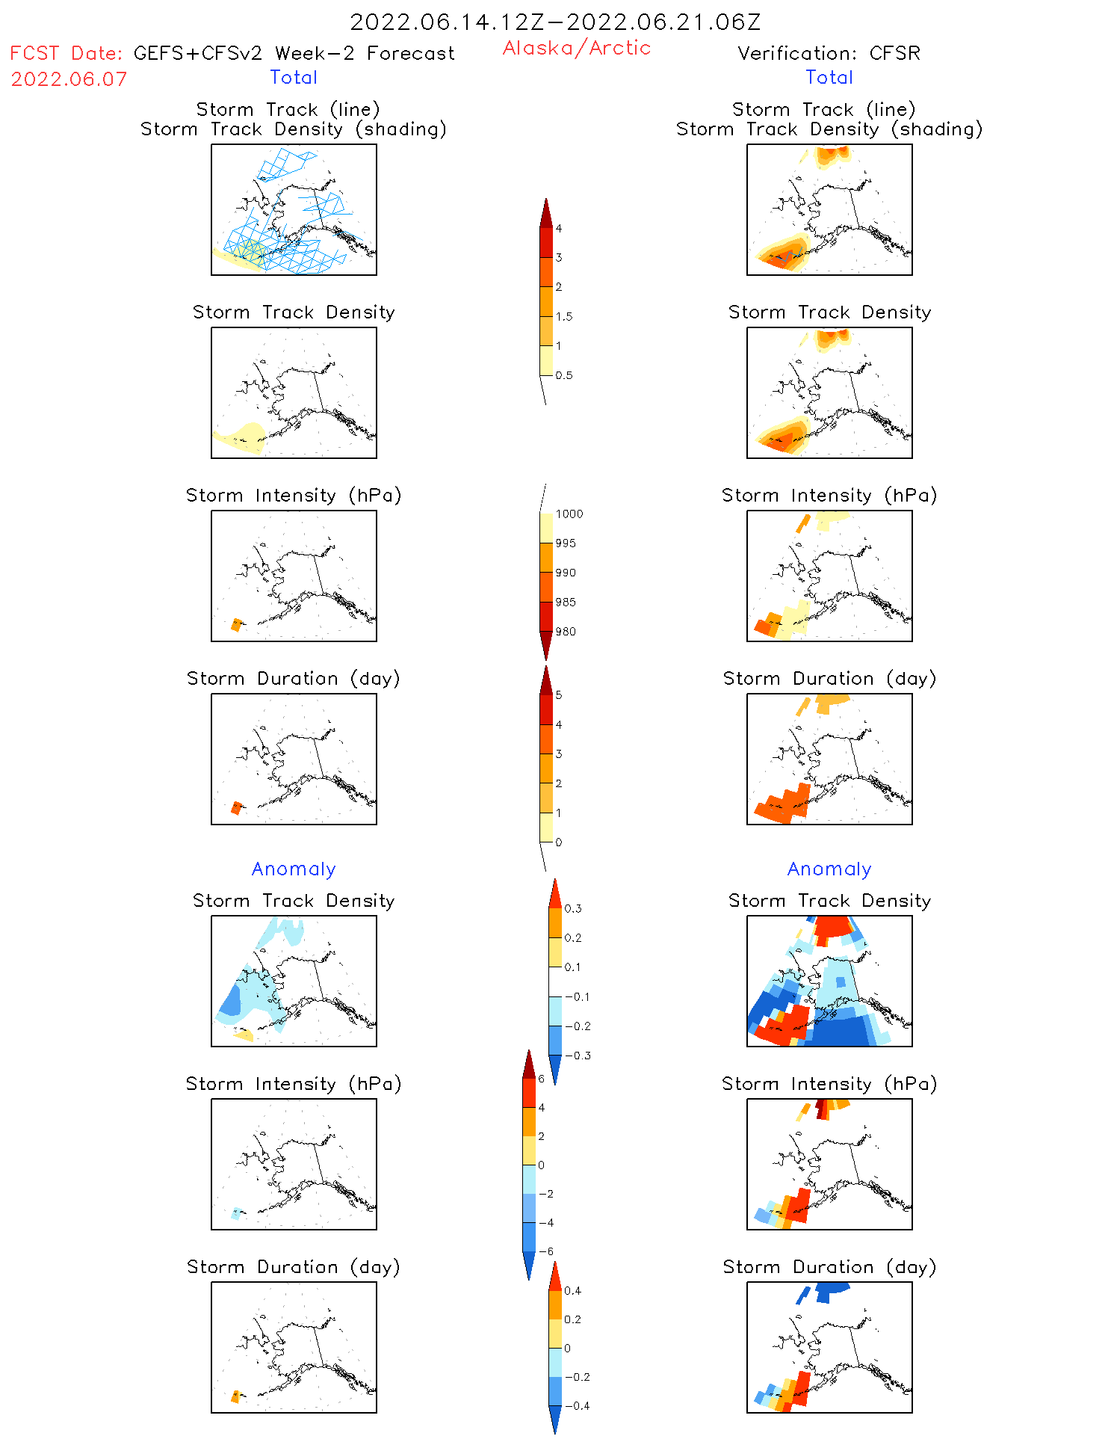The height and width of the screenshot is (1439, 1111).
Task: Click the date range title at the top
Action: tap(555, 22)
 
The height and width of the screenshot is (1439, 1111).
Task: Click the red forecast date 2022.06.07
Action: tap(69, 79)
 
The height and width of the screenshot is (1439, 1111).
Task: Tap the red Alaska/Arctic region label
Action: tap(577, 48)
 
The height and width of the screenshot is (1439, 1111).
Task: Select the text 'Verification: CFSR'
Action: tap(829, 53)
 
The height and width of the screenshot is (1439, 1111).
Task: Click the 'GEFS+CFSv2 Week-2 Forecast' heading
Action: tap(294, 53)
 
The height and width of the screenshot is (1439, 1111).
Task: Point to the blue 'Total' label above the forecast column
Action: tap(294, 77)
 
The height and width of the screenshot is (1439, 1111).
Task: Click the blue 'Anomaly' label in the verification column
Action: tap(829, 869)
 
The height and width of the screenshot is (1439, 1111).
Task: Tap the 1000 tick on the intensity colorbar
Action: tap(569, 514)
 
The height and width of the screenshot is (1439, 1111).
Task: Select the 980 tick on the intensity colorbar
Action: tap(566, 632)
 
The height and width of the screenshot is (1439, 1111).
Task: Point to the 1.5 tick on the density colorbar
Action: tap(564, 316)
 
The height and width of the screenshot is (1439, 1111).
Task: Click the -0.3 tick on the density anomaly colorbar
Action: tap(578, 1056)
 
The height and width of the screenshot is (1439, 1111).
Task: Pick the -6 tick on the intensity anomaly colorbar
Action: tap(546, 1251)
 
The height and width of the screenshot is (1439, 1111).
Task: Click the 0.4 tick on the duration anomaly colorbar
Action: tap(572, 1290)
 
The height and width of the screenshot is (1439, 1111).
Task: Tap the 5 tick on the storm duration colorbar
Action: tap(559, 695)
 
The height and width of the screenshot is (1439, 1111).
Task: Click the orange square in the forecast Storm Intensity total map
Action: tap(237, 624)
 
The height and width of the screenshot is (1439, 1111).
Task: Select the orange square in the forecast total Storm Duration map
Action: tap(237, 807)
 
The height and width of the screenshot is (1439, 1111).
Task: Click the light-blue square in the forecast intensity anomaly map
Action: tap(237, 1213)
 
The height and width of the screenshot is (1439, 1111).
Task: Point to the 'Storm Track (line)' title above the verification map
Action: tap(823, 109)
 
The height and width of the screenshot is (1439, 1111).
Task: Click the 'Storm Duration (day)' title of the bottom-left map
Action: tap(294, 1267)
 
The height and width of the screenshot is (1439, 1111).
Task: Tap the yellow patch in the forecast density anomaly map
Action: tap(244, 1035)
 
